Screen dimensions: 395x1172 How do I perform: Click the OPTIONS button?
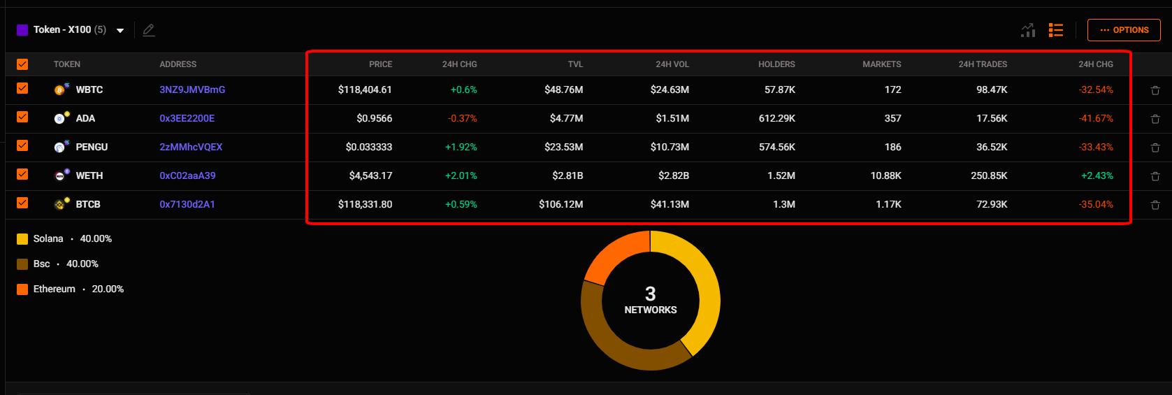pyautogui.click(x=1124, y=30)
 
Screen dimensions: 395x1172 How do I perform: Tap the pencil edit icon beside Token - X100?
pyautogui.click(x=148, y=30)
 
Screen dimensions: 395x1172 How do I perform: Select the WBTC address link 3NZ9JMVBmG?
pyautogui.click(x=192, y=89)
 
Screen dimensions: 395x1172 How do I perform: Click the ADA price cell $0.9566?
pyautogui.click(x=374, y=118)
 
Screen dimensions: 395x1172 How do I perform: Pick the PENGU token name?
pyautogui.click(x=92, y=147)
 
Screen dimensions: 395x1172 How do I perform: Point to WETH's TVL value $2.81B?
pyautogui.click(x=567, y=175)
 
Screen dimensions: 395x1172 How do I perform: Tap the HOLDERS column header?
pyautogui.click(x=776, y=64)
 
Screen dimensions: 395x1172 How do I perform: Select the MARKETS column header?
pyautogui.click(x=881, y=64)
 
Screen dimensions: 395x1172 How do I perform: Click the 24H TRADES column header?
pyautogui.click(x=983, y=64)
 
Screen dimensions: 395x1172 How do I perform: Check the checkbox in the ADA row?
pyautogui.click(x=22, y=117)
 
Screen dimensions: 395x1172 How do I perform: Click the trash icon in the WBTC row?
pyautogui.click(x=1155, y=90)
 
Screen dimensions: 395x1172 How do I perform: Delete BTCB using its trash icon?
pyautogui.click(x=1155, y=205)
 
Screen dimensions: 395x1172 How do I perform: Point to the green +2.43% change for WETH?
pyautogui.click(x=1097, y=175)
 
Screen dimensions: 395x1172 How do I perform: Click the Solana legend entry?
pyautogui.click(x=48, y=238)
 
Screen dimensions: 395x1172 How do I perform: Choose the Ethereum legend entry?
pyautogui.click(x=54, y=289)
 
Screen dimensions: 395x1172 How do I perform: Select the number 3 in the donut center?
pyautogui.click(x=650, y=294)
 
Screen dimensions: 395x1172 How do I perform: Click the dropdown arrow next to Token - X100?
pyautogui.click(x=120, y=31)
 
